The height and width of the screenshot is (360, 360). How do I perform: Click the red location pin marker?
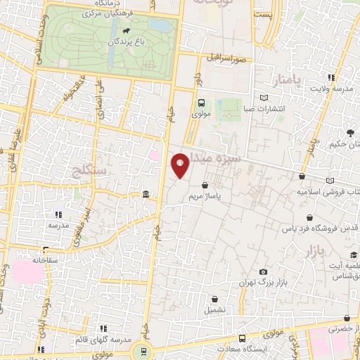(181, 165)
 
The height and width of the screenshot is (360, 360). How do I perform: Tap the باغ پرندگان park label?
(125, 41)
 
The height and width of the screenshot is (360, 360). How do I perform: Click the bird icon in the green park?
(125, 31)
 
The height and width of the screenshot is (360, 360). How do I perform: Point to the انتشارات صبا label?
(263, 108)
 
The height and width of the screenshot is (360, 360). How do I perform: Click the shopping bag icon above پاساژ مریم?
(205, 186)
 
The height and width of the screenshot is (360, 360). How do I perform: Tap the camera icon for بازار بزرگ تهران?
(263, 272)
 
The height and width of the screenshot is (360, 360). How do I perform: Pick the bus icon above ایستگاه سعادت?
(242, 338)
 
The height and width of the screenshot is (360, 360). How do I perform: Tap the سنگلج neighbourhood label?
(89, 170)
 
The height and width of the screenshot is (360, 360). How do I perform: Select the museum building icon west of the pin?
(145, 194)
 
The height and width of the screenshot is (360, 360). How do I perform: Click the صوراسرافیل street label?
(229, 58)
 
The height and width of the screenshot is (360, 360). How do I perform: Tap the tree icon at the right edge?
(349, 132)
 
